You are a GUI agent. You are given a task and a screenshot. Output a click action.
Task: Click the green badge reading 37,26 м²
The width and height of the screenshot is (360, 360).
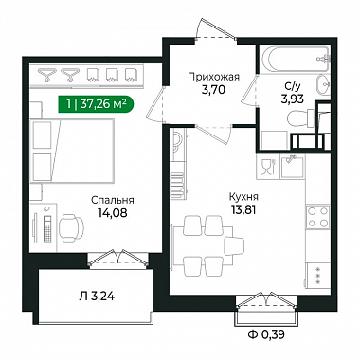coord(96,103)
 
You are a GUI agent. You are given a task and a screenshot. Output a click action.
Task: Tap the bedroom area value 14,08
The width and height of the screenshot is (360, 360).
coord(113,213)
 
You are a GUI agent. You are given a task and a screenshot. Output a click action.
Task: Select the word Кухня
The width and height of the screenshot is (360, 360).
coord(243,197)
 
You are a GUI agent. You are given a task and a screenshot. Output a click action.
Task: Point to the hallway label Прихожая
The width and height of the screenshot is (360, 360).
coord(213,77)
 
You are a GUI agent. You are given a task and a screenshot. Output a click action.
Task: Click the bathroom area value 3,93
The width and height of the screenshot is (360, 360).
coord(293,99)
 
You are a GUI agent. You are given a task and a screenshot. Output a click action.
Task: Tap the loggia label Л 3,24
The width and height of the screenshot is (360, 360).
coord(97,297)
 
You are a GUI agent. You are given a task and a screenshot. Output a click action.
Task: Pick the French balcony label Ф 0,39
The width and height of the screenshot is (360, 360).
coord(266,334)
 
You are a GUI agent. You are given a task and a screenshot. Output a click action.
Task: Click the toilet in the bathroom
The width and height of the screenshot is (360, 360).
coord(300,118)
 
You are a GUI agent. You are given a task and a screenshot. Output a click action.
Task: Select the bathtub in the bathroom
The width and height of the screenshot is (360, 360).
coord(297,60)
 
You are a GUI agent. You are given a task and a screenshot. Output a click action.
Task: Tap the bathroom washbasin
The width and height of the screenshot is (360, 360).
coord(323,84)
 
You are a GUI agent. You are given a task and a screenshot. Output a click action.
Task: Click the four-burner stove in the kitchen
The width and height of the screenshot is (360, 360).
coord(317,217)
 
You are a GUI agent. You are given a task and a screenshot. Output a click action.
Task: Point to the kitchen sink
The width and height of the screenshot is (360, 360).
coord(292,166)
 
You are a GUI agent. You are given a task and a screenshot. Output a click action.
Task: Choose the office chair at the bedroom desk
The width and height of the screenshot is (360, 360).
coord(72,225)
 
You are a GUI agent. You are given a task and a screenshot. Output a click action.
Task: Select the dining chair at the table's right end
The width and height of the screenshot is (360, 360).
coord(234,246)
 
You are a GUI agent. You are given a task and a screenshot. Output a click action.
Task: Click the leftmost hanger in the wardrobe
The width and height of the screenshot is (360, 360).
coord(47,75)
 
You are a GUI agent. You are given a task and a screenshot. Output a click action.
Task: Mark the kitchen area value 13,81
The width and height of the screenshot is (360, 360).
coord(243,209)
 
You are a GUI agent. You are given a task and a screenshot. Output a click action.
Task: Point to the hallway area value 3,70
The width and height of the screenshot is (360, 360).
coord(213,90)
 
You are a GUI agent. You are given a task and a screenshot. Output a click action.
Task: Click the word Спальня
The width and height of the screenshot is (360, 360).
coord(113,201)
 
